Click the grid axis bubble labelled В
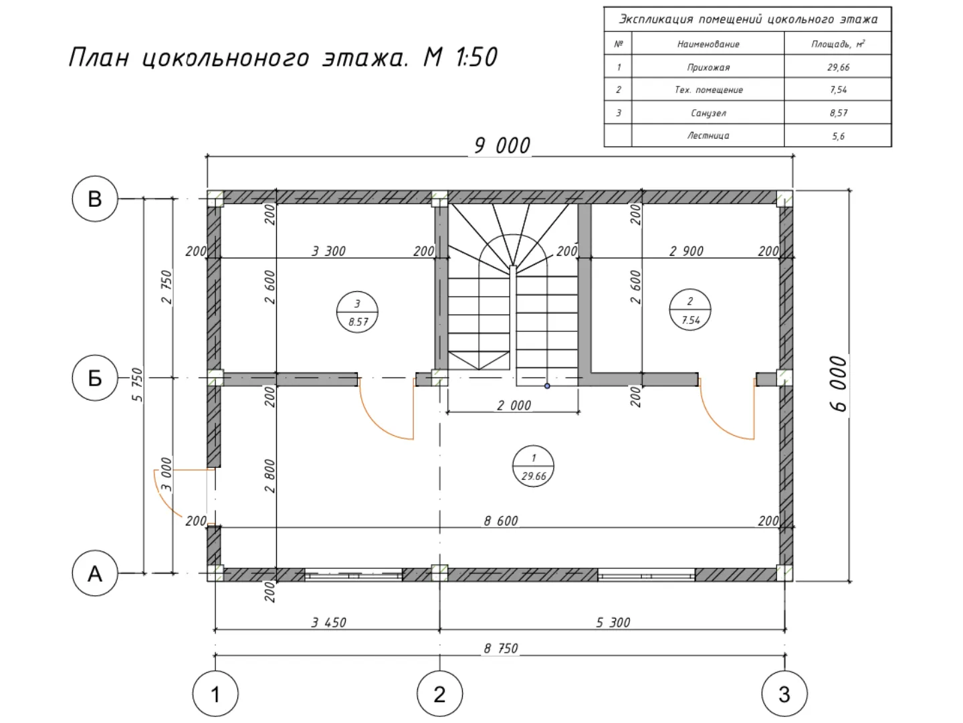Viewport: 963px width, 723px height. pos(95,199)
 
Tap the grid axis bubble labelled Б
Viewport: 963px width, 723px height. pos(95,378)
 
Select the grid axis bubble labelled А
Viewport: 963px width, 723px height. pos(95,573)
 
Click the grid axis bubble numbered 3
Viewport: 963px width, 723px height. pos(784,694)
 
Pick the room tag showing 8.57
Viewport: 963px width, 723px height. pos(357,312)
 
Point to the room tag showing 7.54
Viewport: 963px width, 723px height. pos(690,310)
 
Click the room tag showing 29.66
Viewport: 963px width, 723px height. pos(533,466)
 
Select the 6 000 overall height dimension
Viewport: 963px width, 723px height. pos(839,384)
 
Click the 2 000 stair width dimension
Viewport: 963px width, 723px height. pos(514,405)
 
